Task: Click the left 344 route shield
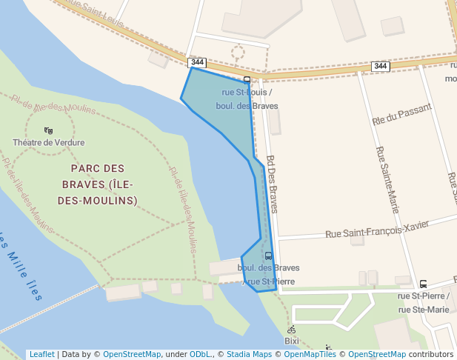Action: (x=196, y=62)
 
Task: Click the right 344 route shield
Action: (x=381, y=67)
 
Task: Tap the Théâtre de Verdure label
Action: (x=48, y=142)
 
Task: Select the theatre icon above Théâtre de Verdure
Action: (x=48, y=130)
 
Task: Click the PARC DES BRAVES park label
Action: (x=98, y=184)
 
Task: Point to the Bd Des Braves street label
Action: (x=272, y=184)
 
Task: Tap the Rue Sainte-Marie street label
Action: (x=387, y=180)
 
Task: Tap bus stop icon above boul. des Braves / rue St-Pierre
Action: (x=268, y=256)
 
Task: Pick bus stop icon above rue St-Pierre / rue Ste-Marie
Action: (x=423, y=284)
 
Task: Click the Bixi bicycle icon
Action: (x=291, y=330)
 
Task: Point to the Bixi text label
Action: (x=292, y=341)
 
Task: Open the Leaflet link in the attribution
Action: (x=41, y=355)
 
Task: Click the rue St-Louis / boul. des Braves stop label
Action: (x=247, y=99)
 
